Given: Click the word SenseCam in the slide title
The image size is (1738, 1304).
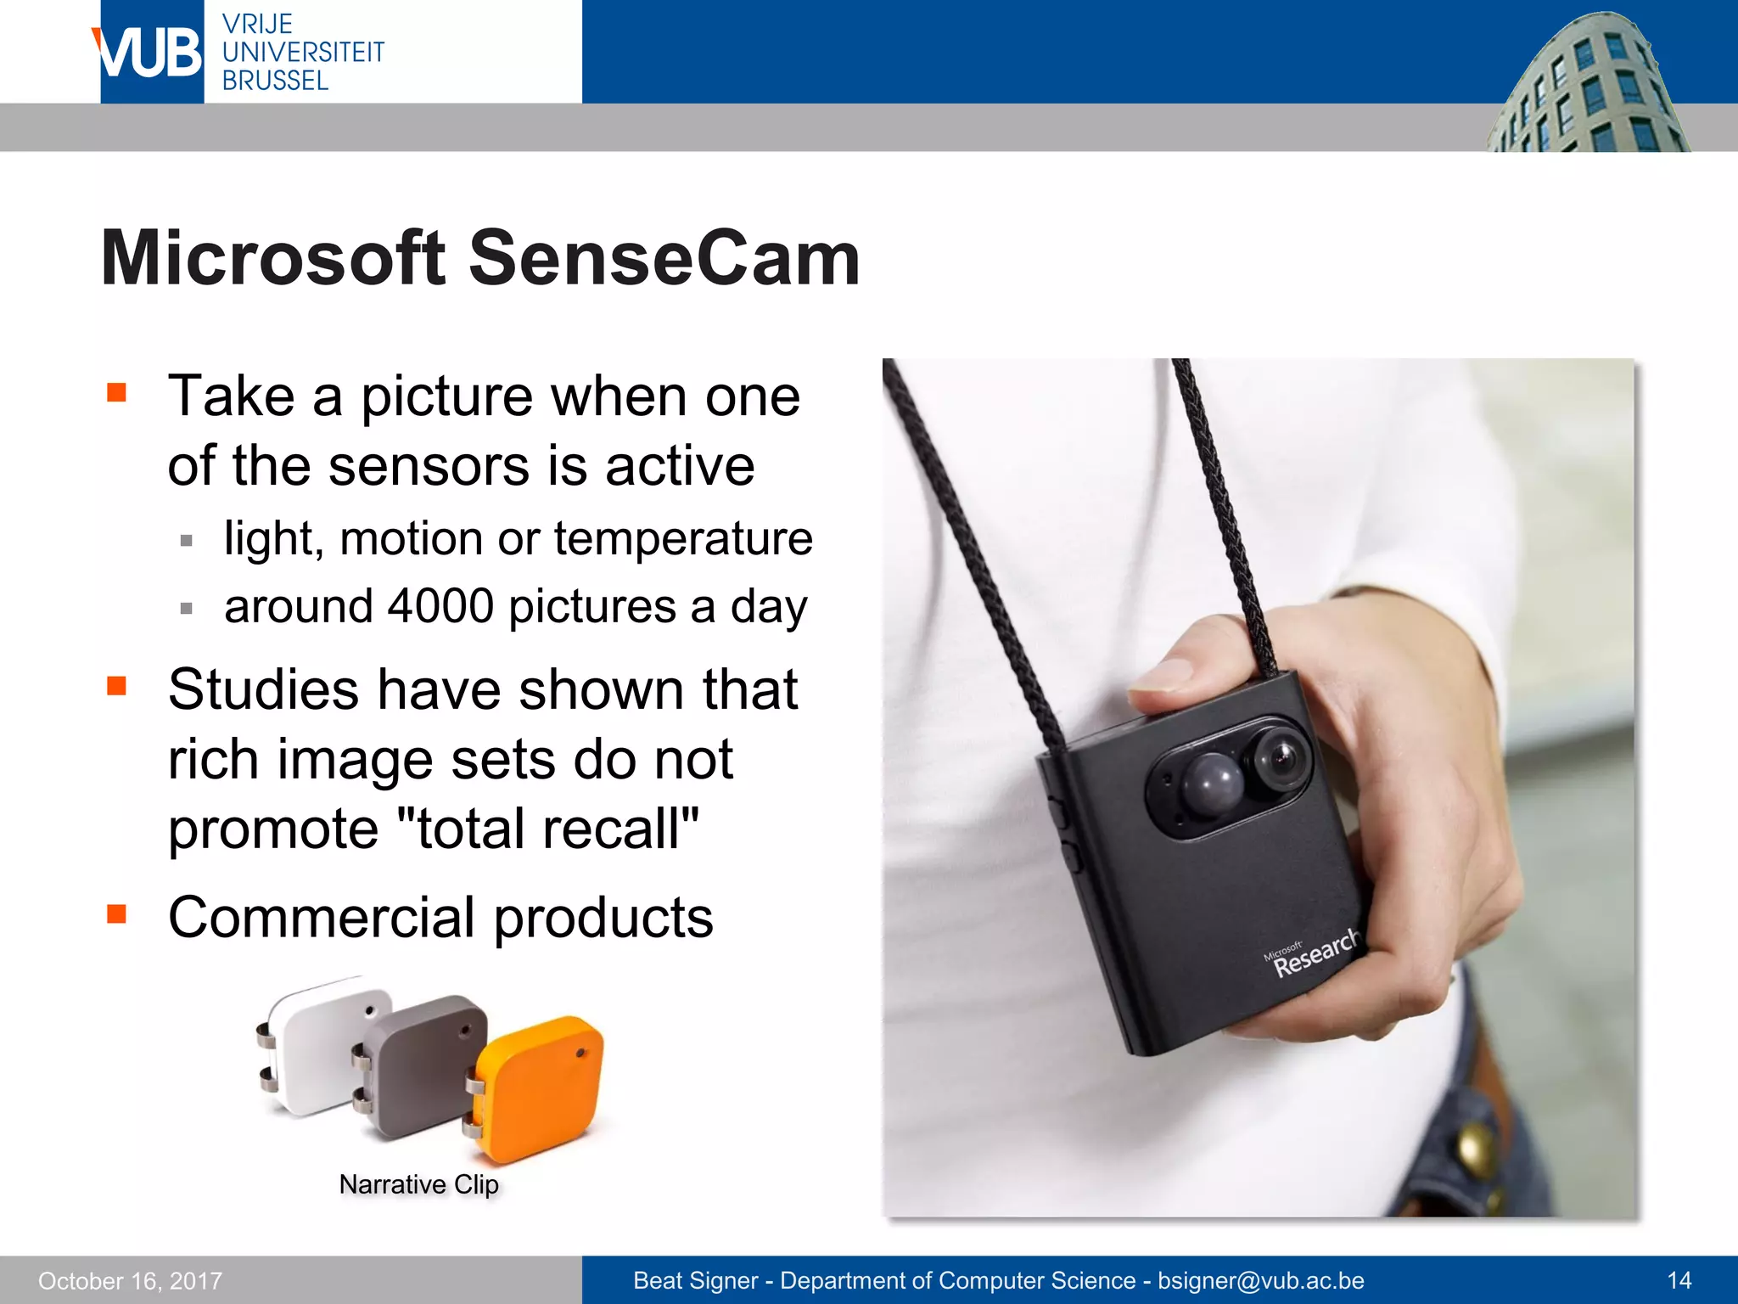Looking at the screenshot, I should click(x=664, y=258).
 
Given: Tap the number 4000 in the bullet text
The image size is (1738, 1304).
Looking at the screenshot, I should click(x=440, y=606).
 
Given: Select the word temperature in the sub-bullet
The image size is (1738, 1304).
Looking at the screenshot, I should click(x=683, y=538).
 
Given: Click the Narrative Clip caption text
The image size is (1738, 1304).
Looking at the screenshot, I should click(x=418, y=1184).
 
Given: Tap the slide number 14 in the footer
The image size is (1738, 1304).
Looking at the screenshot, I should click(x=1679, y=1280).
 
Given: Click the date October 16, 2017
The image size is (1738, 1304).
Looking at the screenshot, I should click(x=130, y=1280).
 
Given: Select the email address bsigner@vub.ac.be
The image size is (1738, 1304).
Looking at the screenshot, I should click(x=1260, y=1280).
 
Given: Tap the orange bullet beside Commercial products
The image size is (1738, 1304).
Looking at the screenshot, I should click(x=116, y=914).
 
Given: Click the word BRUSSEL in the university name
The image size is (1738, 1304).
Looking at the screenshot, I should click(x=275, y=81).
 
